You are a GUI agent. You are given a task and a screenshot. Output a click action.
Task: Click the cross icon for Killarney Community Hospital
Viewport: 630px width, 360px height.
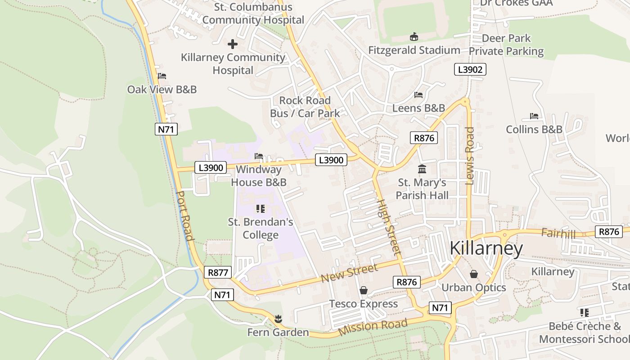233,44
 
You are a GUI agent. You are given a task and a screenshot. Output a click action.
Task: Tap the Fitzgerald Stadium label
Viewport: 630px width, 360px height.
414,50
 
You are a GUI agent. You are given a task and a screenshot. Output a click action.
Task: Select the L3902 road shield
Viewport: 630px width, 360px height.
470,69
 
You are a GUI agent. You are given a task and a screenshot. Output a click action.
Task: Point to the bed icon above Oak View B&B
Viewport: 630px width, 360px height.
162,76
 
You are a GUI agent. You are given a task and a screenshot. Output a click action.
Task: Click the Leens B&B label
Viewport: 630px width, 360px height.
418,108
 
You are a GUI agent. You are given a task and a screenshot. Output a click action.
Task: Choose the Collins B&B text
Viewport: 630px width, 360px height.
534,129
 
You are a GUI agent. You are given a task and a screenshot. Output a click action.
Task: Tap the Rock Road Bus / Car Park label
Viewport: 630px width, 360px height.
305,107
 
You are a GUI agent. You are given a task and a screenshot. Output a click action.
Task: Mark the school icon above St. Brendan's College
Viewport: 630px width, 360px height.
260,208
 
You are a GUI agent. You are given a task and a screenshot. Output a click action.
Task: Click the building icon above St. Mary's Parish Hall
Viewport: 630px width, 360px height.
422,169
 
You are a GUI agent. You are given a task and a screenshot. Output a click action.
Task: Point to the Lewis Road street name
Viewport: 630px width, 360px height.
470,156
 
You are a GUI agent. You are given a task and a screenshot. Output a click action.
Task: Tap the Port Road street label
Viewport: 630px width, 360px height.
185,216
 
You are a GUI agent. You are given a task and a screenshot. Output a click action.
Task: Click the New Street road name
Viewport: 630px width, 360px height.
349,273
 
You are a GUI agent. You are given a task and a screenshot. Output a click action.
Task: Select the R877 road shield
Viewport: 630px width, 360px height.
218,272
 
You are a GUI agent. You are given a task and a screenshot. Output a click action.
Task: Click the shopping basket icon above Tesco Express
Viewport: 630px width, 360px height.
364,291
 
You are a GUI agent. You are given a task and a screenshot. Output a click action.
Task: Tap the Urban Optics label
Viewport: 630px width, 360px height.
473,288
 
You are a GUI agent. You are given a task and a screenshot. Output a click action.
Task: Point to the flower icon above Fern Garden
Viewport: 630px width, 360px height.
278,319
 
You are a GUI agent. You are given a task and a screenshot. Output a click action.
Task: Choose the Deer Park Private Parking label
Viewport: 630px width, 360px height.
506,45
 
